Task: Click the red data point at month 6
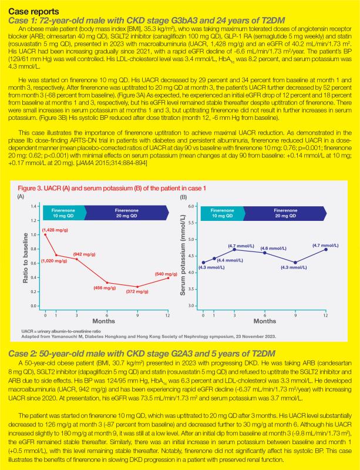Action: (x=106, y=283)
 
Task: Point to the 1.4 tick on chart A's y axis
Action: (x=35, y=207)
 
